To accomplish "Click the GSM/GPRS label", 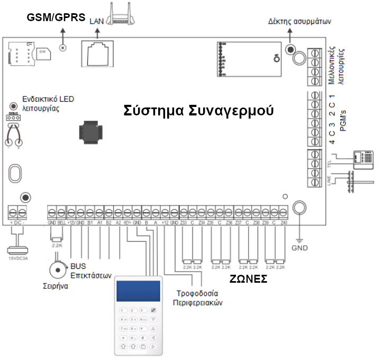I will pos(56,17).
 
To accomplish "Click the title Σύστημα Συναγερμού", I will pos(198,111).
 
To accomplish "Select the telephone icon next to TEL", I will pos(363,157).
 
